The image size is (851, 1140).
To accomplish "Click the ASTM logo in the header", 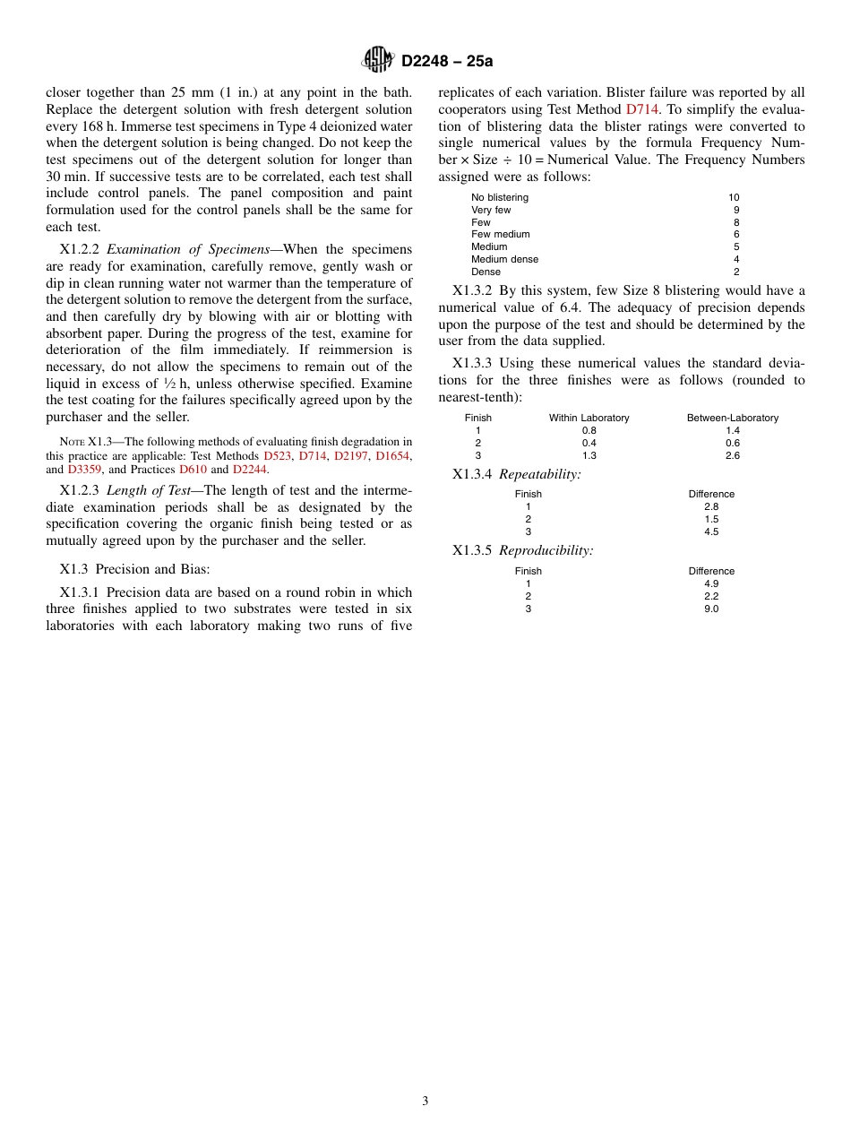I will tap(377, 60).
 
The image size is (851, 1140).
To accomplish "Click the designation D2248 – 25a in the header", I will tap(446, 61).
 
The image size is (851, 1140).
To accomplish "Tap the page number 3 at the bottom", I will tap(425, 1101).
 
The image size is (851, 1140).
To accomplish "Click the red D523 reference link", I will tap(277, 456).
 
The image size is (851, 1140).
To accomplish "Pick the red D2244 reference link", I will tap(249, 469).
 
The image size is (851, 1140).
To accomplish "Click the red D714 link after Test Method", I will tap(641, 109).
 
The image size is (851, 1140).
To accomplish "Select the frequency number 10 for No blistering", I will tap(734, 197).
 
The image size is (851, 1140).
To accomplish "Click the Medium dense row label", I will tap(504, 259).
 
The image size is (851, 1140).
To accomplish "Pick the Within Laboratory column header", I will tap(589, 418).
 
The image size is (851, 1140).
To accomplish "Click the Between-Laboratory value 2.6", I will tap(732, 455).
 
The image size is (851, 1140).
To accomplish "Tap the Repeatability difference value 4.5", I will tap(710, 531).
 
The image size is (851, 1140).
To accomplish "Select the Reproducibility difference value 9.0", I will tap(710, 609).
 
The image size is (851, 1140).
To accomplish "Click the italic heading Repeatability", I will tap(539, 474).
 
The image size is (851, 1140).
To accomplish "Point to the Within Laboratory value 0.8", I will tap(589, 430).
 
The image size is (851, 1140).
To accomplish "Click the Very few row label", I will tap(491, 210).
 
